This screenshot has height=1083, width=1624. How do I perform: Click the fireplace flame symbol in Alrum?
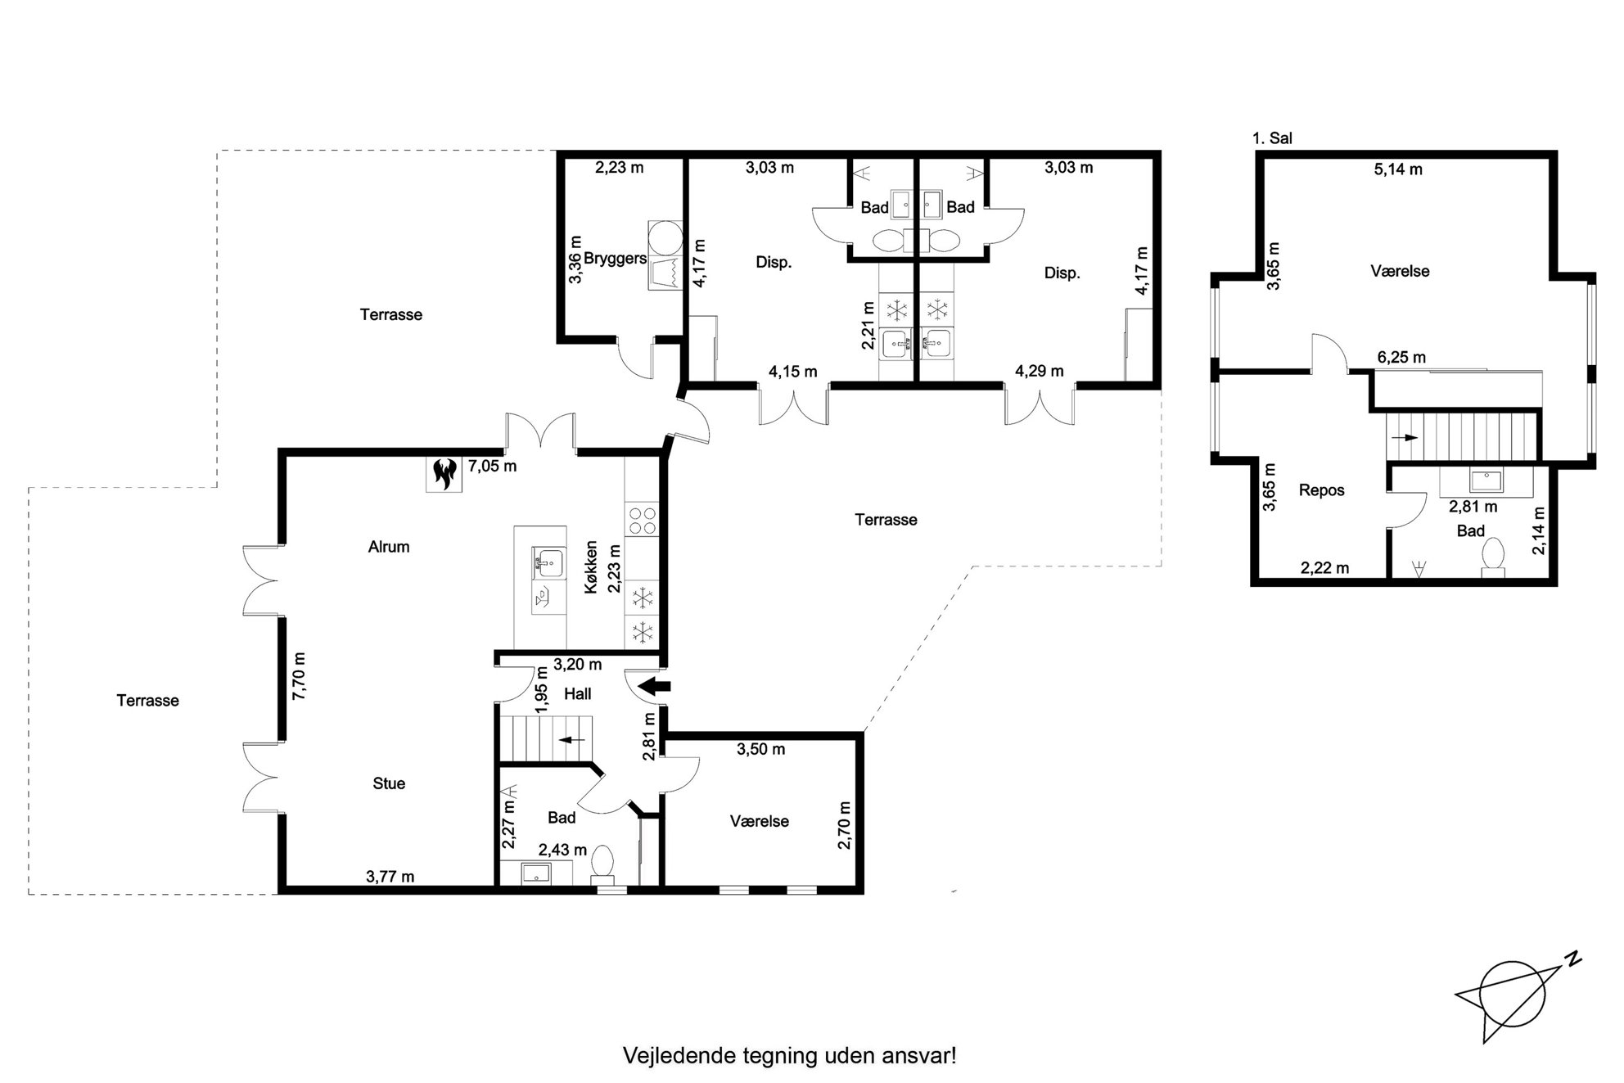coord(444,474)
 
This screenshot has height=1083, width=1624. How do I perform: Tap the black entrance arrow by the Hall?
coord(654,686)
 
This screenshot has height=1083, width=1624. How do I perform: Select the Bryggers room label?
coord(616,259)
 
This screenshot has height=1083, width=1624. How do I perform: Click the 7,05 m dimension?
coord(492,467)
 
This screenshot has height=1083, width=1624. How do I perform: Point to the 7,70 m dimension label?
coord(299,675)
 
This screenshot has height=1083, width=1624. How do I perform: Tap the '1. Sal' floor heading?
coord(1272,138)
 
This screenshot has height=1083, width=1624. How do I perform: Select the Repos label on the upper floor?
coord(1321,490)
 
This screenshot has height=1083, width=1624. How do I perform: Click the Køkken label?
coord(592,566)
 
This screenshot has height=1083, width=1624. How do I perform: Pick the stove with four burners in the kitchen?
coord(641,519)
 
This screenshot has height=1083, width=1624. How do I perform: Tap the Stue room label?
coord(389,783)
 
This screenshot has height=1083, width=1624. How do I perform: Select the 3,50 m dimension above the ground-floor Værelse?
coord(760,749)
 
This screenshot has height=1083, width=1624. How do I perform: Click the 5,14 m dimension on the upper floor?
coord(1398,169)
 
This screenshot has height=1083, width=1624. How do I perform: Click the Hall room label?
coord(578,694)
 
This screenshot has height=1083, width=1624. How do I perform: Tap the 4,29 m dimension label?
coord(1040,371)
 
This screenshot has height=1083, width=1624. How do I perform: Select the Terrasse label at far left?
coord(147,701)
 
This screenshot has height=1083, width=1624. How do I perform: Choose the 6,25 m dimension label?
coord(1401,357)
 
